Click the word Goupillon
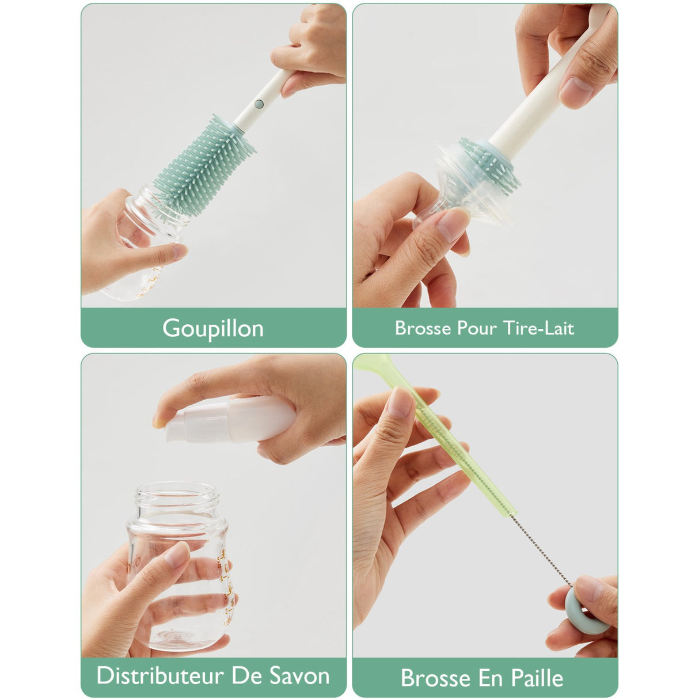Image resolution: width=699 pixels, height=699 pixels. click(x=213, y=329)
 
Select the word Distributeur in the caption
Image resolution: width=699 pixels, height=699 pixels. click(x=159, y=675)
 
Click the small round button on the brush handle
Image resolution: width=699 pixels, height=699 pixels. click(x=259, y=104)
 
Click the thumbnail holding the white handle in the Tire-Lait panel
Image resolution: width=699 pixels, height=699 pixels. click(x=576, y=91)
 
